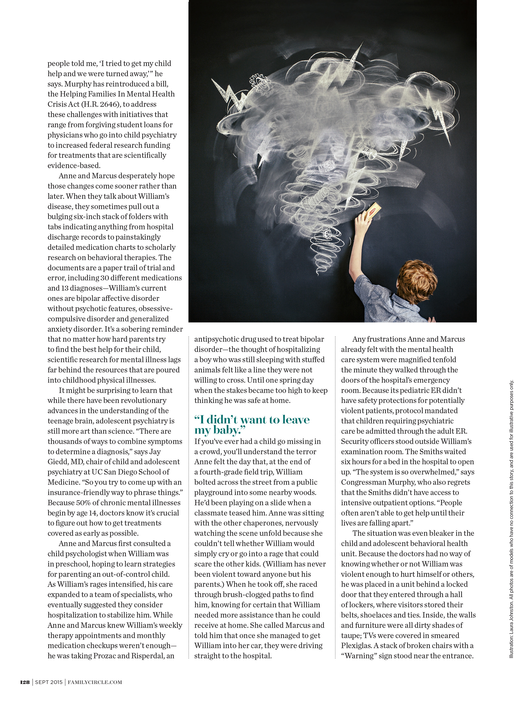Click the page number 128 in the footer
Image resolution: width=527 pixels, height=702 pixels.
click(25, 682)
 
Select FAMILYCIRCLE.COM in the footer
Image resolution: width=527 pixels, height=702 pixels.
click(95, 682)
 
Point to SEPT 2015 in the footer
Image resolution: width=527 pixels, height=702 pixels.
click(49, 682)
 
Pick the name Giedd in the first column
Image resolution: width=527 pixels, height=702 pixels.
click(57, 462)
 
